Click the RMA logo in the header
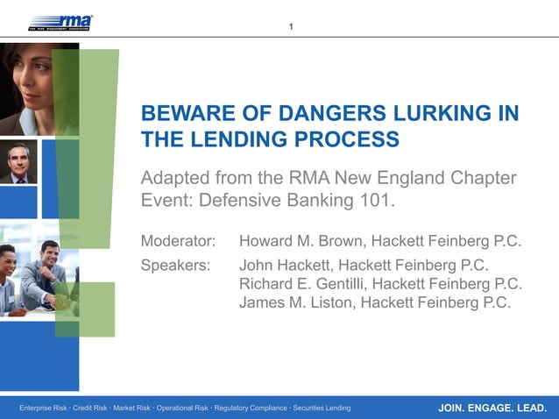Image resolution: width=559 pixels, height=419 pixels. point(60,22)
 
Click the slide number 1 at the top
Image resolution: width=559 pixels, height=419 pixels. point(291,26)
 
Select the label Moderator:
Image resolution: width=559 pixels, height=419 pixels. point(178,241)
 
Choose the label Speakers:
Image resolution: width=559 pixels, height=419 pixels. point(175,265)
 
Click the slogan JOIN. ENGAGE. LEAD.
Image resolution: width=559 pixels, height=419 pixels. point(492,408)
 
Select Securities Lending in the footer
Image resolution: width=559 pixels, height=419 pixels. point(322,408)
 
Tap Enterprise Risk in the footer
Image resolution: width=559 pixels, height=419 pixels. point(43,408)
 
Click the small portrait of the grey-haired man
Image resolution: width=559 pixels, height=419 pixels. point(18,162)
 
